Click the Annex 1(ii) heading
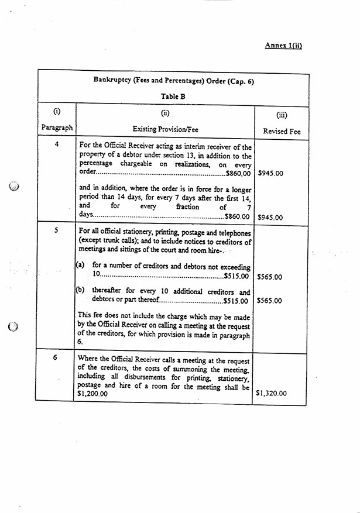click(283, 45)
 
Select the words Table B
click(173, 97)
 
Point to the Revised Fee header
click(282, 132)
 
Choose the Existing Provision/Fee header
click(164, 128)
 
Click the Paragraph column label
click(57, 127)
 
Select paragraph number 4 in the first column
click(56, 144)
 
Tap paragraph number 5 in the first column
click(56, 231)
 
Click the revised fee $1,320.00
click(271, 394)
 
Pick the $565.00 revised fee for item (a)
click(269, 277)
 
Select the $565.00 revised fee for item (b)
click(269, 301)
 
